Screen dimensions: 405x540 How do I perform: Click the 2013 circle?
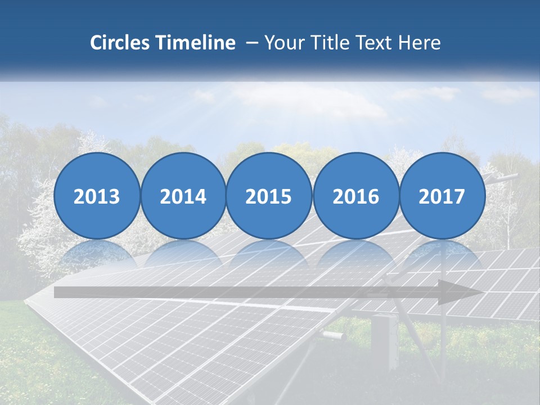97,196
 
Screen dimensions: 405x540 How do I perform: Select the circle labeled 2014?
183,196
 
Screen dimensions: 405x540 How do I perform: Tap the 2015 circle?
269,196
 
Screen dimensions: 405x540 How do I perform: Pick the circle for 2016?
356,196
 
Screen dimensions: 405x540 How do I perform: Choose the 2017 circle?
442,196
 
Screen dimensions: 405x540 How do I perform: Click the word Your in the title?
281,43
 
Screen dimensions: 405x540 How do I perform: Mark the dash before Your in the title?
253,43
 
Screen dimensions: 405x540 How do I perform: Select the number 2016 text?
356,196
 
